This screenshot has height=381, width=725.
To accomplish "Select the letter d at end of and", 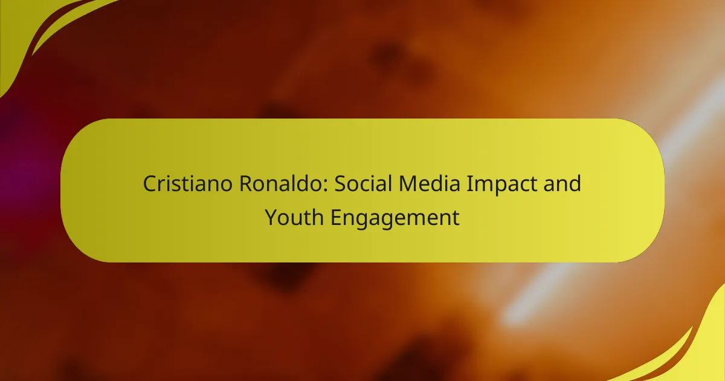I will (576, 183).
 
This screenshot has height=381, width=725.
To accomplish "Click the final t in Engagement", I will (456, 218).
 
